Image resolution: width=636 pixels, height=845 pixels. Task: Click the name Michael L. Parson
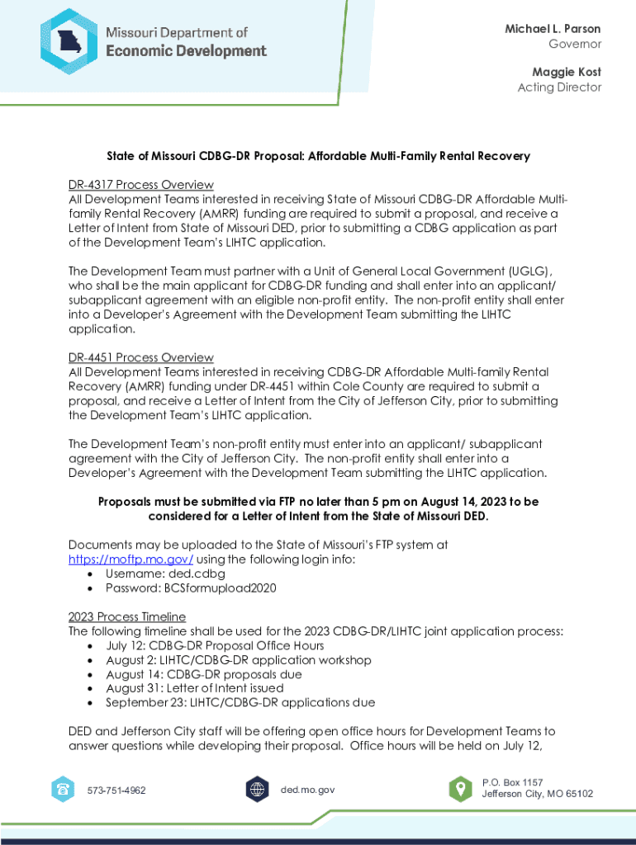pyautogui.click(x=553, y=29)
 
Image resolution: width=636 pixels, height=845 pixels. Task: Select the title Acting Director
pyautogui.click(x=559, y=87)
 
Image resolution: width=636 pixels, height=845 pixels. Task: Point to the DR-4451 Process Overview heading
pyautogui.click(x=140, y=357)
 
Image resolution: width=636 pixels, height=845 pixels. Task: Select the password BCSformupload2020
pyautogui.click(x=221, y=588)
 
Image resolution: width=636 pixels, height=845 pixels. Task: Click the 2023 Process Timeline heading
pyautogui.click(x=127, y=616)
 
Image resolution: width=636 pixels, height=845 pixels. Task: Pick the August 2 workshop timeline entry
pyautogui.click(x=238, y=660)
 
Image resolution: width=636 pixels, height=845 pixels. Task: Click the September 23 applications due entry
pyautogui.click(x=240, y=702)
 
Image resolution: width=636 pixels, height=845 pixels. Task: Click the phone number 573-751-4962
pyautogui.click(x=116, y=791)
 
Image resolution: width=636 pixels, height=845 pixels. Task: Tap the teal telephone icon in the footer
pyautogui.click(x=62, y=790)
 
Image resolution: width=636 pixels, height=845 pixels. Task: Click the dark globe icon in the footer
pyautogui.click(x=258, y=790)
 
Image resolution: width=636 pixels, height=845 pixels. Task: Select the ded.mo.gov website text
pyautogui.click(x=307, y=790)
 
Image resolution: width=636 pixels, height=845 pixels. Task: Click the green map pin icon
pyautogui.click(x=460, y=789)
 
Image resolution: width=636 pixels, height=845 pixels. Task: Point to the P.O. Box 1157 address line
pyautogui.click(x=512, y=782)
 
